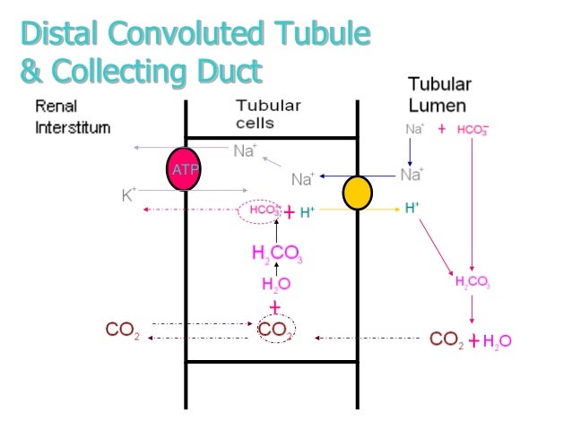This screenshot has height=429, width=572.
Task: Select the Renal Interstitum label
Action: pos(72,116)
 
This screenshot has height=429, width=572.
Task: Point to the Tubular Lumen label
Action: pos(440,95)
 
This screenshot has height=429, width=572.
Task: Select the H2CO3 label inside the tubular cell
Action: pos(277,253)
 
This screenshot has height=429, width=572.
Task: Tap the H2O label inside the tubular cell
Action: pos(276,284)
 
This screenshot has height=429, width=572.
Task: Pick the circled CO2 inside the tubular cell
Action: pos(276,330)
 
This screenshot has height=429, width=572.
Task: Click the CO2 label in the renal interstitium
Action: pos(122,330)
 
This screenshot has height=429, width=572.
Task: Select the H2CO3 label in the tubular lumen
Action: pos(472,282)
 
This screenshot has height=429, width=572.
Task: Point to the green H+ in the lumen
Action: pos(412,208)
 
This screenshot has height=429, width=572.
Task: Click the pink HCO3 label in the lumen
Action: pos(472,130)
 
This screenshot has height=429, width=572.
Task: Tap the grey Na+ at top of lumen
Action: pos(414,129)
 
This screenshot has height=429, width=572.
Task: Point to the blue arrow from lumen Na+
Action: pos(359,176)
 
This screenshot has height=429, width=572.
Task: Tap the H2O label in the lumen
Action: pos(497,340)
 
